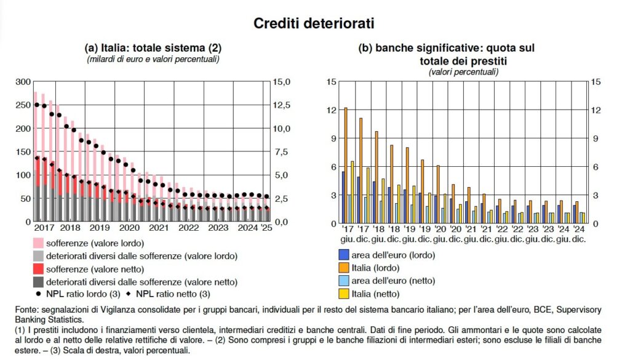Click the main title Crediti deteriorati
pyautogui.click(x=314, y=23)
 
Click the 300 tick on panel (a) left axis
pyautogui.click(x=22, y=82)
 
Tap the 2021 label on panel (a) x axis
pyautogui.click(x=158, y=228)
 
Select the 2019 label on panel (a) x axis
pyautogui.click(x=99, y=228)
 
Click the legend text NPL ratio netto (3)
pyautogui.click(x=175, y=294)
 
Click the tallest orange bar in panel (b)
pyautogui.click(x=346, y=165)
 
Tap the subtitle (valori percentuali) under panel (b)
pyautogui.click(x=463, y=72)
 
